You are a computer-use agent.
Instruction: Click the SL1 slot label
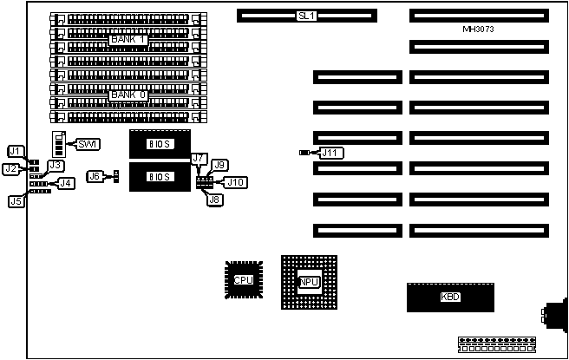point(306,16)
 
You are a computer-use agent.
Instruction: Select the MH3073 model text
point(479,29)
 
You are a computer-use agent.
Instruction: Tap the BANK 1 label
point(128,40)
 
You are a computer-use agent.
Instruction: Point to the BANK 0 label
point(128,95)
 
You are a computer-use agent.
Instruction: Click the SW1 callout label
point(88,143)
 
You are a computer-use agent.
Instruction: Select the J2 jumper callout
point(11,168)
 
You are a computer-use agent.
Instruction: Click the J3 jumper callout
point(56,165)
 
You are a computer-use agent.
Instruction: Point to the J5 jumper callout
point(16,201)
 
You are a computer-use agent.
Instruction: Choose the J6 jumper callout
point(95,176)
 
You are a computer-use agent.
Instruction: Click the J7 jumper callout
point(199,159)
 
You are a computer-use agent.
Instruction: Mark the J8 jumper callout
point(213,200)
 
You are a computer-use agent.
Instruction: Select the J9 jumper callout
point(220,165)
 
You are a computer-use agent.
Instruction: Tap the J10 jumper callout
point(234,182)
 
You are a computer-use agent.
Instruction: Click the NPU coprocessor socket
point(308,282)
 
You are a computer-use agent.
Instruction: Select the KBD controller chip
point(450,298)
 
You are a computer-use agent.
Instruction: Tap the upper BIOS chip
point(160,143)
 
